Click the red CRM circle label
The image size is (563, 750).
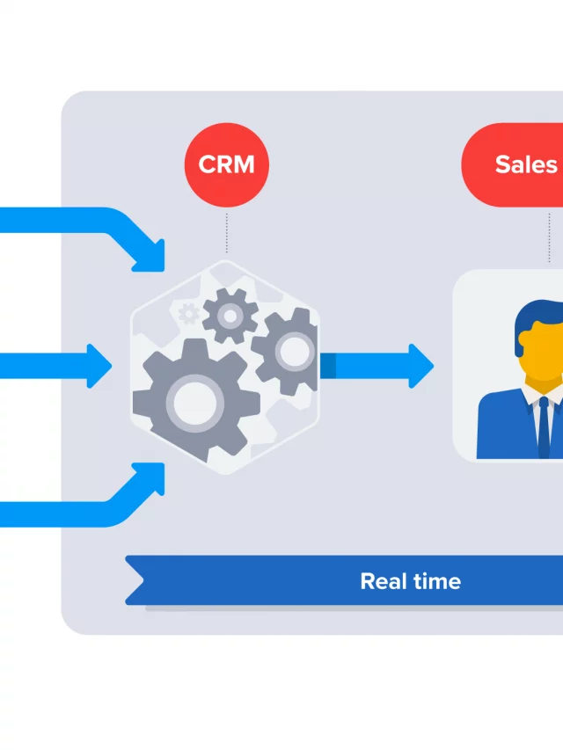tap(226, 165)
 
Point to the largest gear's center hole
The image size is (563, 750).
tap(192, 403)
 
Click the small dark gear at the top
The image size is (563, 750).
tap(230, 315)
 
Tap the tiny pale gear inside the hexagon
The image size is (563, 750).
tap(187, 312)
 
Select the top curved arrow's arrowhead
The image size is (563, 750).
tap(150, 254)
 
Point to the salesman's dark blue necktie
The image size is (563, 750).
tap(544, 426)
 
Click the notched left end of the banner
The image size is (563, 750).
tap(135, 580)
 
